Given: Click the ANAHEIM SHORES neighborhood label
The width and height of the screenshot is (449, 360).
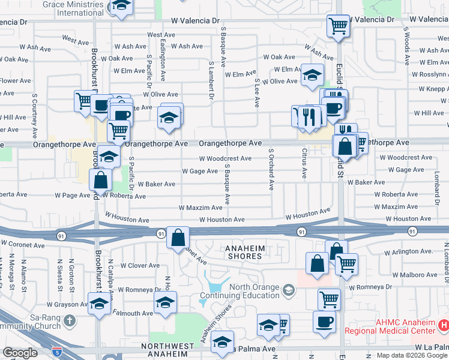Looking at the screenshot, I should tap(244, 252).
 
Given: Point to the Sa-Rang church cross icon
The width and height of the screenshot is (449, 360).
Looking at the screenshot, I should tap(70, 321).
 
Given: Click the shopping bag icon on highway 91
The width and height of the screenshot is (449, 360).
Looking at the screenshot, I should tap(178, 238).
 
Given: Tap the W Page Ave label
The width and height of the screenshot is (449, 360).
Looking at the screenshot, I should tap(72, 195).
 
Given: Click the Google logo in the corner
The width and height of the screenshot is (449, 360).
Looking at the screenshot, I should tap(20, 353).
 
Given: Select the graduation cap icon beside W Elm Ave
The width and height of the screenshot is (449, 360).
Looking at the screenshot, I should tap(312, 76).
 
